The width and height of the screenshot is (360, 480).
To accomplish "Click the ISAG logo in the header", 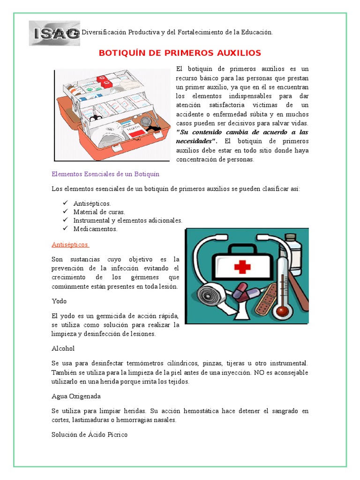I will click(x=54, y=33).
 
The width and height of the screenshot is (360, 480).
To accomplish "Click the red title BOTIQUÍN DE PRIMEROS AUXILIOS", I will click(x=180, y=53).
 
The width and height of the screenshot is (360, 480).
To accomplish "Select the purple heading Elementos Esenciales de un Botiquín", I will click(x=105, y=174).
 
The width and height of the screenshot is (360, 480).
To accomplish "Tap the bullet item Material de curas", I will click(x=99, y=212).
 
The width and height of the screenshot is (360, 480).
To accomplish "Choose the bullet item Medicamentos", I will click(x=95, y=229).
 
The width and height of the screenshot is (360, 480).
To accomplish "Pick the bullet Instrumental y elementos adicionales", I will click(x=127, y=220).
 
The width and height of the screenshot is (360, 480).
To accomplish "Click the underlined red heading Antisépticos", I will click(x=70, y=245).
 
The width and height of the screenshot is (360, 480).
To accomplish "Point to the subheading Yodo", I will click(x=59, y=301).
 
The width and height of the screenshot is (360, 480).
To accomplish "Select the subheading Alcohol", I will click(x=63, y=348).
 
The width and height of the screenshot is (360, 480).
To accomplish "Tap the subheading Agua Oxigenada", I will click(x=76, y=396).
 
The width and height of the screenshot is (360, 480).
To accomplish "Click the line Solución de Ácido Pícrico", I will click(x=90, y=435).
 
